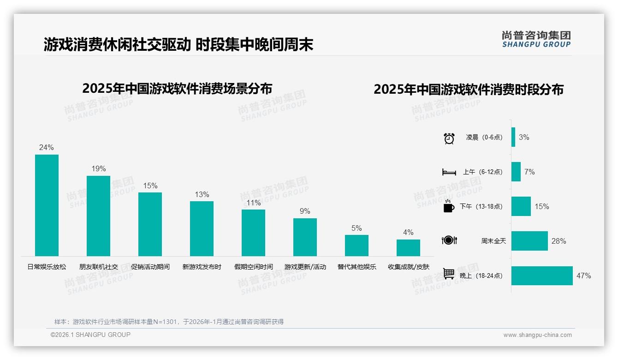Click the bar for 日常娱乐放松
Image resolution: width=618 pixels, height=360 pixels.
pyautogui.click(x=47, y=205)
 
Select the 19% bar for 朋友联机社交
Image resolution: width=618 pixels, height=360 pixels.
pyautogui.click(x=99, y=216)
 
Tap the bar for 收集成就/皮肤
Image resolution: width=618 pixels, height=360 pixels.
pyautogui.click(x=408, y=248)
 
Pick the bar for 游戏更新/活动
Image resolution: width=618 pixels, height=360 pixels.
pyautogui.click(x=305, y=237)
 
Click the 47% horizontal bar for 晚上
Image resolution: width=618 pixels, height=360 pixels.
pyautogui.click(x=542, y=276)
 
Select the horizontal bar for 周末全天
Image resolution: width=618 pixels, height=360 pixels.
pyautogui.click(x=529, y=241)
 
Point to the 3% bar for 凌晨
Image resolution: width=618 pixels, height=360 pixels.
pyautogui.click(x=513, y=137)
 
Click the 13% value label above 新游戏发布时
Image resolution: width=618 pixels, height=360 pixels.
pyautogui.click(x=202, y=194)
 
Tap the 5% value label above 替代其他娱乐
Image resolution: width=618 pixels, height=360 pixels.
pyautogui.click(x=357, y=228)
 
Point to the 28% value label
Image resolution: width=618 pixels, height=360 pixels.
pyautogui.click(x=559, y=241)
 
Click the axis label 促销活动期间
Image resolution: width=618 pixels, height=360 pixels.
pyautogui.click(x=150, y=267)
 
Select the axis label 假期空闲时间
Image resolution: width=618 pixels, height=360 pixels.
pyautogui.click(x=253, y=267)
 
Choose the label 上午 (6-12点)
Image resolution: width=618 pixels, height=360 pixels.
pyautogui.click(x=483, y=172)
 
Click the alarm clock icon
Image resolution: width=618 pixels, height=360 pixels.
pyautogui.click(x=449, y=138)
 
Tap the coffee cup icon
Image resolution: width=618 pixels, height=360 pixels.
pyautogui.click(x=449, y=207)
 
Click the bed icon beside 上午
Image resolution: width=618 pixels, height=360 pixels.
pyautogui.click(x=449, y=172)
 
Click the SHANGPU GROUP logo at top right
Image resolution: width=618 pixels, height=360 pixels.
pyautogui.click(x=536, y=39)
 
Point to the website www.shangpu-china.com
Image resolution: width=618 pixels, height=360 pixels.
pyautogui.click(x=537, y=335)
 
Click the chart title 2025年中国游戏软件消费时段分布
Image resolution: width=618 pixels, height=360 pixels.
pyautogui.click(x=469, y=90)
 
